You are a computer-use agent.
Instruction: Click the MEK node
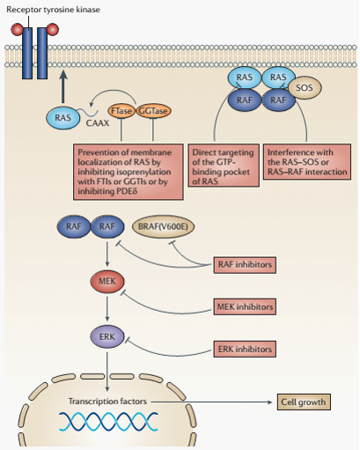107,281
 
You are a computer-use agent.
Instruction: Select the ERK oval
107,336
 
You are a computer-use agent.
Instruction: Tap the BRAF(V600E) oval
163,226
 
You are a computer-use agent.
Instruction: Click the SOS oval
305,87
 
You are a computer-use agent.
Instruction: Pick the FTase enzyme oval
121,111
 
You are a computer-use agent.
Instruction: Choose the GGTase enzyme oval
153,111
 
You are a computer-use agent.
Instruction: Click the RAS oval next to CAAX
62,118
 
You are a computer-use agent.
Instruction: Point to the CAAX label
98,122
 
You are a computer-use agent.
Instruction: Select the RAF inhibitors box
245,265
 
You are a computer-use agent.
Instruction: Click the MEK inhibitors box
245,306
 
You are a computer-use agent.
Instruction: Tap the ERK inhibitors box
245,349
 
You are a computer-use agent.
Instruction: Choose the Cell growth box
304,402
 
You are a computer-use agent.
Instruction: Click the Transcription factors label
107,402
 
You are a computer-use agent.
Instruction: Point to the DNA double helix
108,422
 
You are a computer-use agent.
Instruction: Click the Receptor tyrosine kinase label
53,10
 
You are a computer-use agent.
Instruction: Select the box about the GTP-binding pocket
224,166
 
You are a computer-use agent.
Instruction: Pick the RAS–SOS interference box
307,162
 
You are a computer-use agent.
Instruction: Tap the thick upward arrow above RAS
63,86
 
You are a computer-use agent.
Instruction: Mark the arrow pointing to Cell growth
211,402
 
